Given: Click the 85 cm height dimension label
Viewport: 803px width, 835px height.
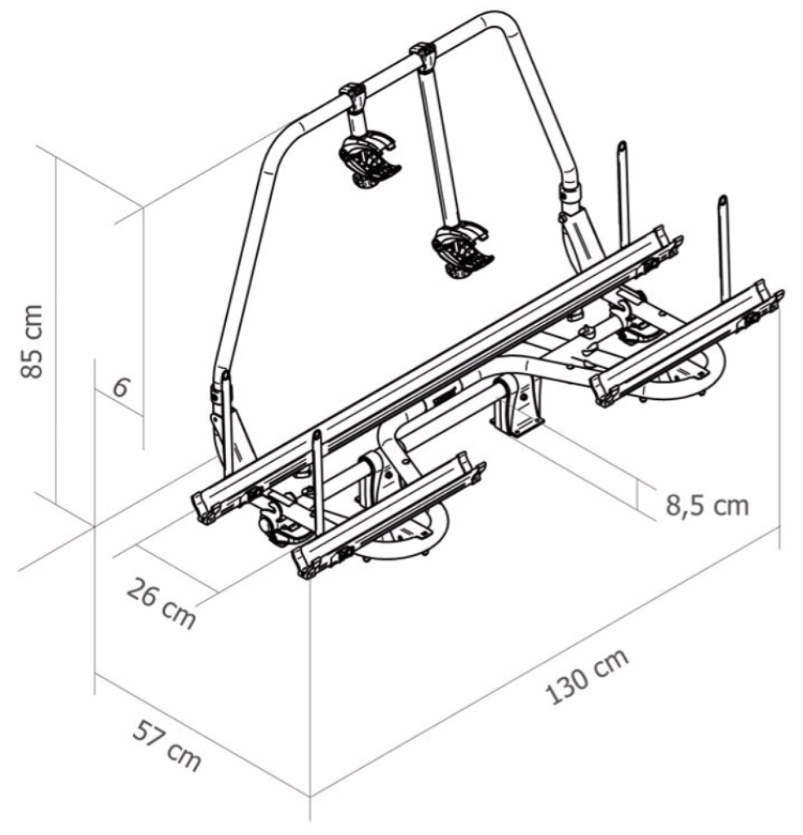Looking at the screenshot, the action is coord(31,341).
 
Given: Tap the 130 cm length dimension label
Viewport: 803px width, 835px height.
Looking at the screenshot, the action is coord(587,676).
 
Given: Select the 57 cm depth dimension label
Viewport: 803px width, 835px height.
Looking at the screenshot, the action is coord(166,745).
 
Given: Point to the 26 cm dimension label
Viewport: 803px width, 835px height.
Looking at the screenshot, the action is coord(162,602).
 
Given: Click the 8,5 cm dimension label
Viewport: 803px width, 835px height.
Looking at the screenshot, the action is coord(708,504).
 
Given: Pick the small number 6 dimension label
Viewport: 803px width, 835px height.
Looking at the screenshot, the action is coord(121,387).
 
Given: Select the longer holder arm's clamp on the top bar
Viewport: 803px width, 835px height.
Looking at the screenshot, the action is coord(424,57).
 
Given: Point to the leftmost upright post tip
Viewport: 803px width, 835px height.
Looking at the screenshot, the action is coord(317,434).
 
